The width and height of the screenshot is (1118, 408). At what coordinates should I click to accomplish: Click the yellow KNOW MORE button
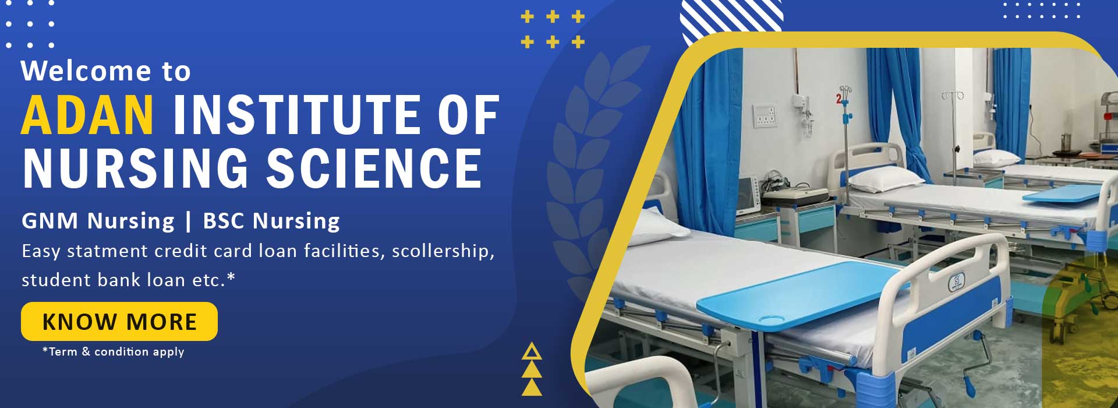point(119,321)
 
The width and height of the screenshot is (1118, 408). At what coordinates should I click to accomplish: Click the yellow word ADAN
point(88,115)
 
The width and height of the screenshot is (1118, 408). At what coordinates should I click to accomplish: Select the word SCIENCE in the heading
point(374,168)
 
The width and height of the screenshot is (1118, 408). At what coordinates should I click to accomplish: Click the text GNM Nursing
point(98,221)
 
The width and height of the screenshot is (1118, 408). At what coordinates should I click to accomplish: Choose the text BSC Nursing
point(271,221)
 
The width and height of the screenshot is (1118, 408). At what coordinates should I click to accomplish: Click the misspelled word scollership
point(443,251)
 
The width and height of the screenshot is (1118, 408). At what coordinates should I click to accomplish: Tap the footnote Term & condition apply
point(114,351)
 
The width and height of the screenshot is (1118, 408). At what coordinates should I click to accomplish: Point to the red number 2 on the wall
point(838,99)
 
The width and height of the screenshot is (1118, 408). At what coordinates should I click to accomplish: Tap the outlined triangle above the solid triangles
point(532,352)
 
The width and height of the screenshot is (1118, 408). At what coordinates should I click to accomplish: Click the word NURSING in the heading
point(136,168)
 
